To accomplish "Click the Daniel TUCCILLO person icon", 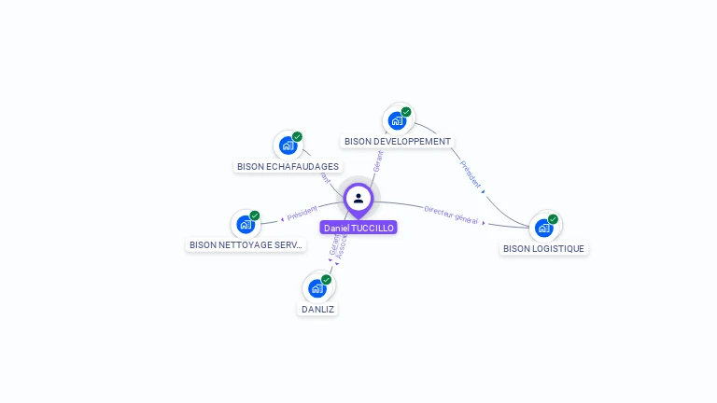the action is click(358, 198).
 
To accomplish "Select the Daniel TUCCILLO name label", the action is click(358, 228).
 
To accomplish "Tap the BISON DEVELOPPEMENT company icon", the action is click(397, 120).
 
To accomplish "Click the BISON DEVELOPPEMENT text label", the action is click(398, 142).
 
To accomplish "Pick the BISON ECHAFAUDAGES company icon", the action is click(288, 146).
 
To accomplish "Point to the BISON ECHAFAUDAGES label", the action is click(288, 167).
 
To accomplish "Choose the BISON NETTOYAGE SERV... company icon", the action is click(246, 224).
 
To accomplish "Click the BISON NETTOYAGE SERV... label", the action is click(246, 245).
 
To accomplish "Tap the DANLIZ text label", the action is click(317, 309).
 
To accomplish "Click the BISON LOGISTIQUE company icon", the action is click(544, 228).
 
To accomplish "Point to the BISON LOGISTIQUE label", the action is click(544, 249).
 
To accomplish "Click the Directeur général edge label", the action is click(451, 215).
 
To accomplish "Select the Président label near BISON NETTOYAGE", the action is click(302, 215).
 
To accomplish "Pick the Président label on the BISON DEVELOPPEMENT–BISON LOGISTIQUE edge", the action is click(471, 174).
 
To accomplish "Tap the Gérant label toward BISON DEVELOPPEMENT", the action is click(378, 160).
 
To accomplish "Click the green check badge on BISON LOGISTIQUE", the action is click(553, 219).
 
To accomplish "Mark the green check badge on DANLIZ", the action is click(326, 279).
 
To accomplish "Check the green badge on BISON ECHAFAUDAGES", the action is click(297, 137).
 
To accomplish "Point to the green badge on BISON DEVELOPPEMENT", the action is click(406, 112).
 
